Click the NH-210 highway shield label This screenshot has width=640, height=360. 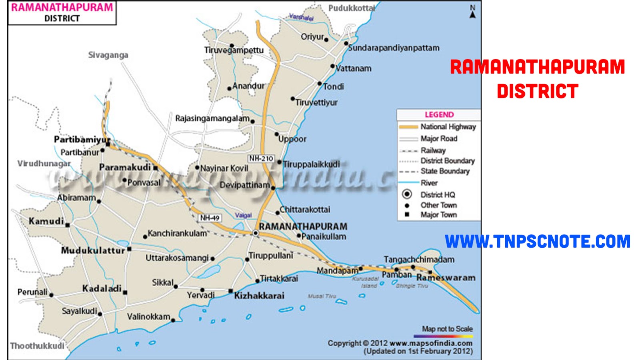click(x=261, y=158)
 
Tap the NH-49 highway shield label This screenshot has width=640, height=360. click(x=210, y=218)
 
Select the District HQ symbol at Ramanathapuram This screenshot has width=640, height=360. click(x=256, y=233)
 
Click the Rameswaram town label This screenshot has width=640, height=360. click(x=446, y=278)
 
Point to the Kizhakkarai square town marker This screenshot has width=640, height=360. click(x=230, y=291)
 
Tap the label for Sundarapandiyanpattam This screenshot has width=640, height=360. click(x=394, y=48)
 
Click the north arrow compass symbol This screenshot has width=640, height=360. click(x=472, y=12)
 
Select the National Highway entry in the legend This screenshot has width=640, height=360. click(x=448, y=127)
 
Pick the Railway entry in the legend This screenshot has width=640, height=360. click(x=433, y=150)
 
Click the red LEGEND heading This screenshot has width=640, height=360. click(x=439, y=115)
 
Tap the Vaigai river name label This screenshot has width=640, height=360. click(x=243, y=215)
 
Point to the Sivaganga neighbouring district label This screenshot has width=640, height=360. click(x=108, y=55)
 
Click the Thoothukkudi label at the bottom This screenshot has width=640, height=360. click(x=37, y=346)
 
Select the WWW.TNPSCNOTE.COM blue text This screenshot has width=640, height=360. click(x=537, y=242)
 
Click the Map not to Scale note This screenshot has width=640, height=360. click(x=447, y=329)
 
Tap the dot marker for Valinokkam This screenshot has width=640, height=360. click(x=173, y=320)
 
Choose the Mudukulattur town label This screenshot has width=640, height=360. click(x=93, y=251)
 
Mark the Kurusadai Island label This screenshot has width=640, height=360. click(x=366, y=282)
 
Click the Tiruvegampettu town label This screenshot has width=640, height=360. click(x=234, y=50)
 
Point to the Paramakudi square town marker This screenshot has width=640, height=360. click(x=156, y=168)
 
